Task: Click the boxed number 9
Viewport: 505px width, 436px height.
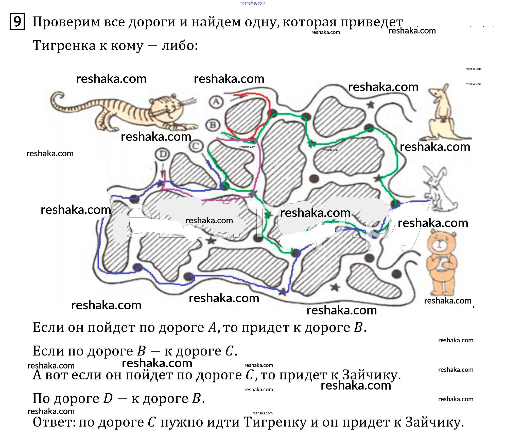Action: [17, 22]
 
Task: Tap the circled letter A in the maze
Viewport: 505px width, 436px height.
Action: [216, 102]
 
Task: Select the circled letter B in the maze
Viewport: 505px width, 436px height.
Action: [213, 125]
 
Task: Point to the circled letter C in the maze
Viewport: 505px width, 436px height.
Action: [196, 146]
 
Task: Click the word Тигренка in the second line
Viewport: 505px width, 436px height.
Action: [64, 46]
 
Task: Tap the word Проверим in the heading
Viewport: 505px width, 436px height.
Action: [66, 22]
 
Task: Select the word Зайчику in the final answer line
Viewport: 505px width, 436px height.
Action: [434, 422]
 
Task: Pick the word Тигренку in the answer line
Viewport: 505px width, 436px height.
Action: [275, 422]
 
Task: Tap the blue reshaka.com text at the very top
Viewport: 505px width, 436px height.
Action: [253, 3]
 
